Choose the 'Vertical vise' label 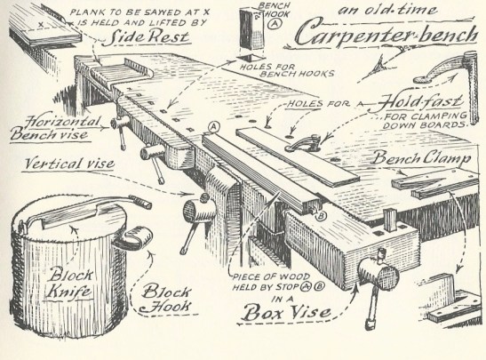pos(69,164)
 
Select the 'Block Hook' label pos(166,300)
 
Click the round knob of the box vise pos(378,275)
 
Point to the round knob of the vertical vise pos(199,211)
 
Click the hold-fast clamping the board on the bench pos(303,144)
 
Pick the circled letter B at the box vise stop pos(321,215)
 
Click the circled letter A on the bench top pos(214,126)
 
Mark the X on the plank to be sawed pos(41,24)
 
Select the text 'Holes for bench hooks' pos(287,70)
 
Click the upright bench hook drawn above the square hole pos(251,28)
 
